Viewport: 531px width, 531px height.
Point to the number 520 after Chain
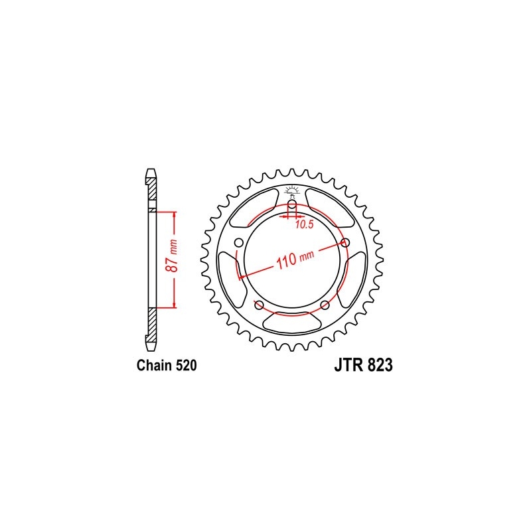coord(184,366)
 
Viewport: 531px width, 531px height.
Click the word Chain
coord(153,366)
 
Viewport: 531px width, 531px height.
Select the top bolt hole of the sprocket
coord(292,204)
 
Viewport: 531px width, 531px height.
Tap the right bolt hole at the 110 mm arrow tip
coord(346,242)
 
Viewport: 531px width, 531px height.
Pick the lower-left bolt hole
coord(259,305)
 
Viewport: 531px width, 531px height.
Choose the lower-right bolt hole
coord(325,305)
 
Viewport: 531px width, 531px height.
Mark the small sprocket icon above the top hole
coord(292,190)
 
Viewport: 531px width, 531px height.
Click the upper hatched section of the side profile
coord(151,193)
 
